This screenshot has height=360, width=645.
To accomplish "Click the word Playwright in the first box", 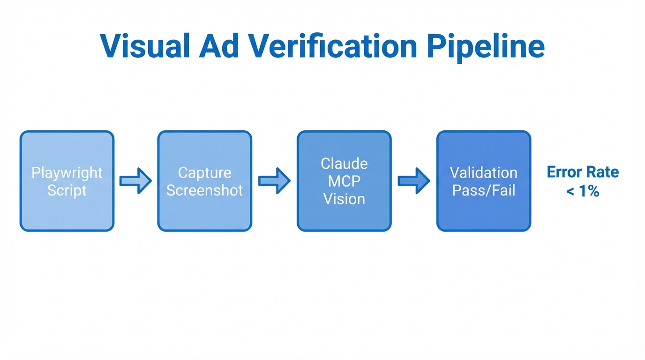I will click(x=67, y=172).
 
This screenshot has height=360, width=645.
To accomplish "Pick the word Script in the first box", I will click(x=67, y=190).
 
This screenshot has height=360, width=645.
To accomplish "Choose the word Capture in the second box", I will click(x=204, y=172).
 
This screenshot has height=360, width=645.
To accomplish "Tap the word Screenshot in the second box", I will click(x=204, y=190).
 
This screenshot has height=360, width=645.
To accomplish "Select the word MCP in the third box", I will click(x=344, y=181).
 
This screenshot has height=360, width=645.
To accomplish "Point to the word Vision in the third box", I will click(x=344, y=199).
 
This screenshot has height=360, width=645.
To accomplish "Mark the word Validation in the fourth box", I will click(x=483, y=172).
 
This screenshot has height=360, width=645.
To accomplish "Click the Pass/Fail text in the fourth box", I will click(x=483, y=190).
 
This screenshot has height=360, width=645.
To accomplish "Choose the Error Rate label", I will click(x=583, y=172).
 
